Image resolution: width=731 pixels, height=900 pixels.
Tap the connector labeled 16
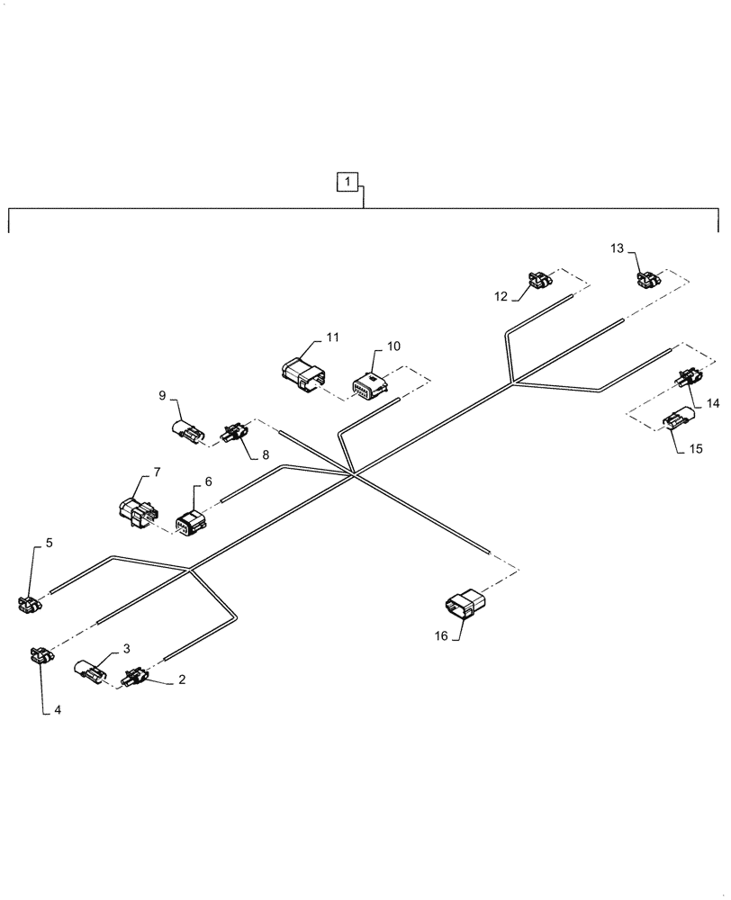(x=465, y=605)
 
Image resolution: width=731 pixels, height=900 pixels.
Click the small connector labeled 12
(x=539, y=282)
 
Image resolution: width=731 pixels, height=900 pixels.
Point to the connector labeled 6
(x=191, y=522)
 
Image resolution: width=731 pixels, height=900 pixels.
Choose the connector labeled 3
(x=91, y=671)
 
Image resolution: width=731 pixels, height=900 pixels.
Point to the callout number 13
(x=617, y=248)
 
